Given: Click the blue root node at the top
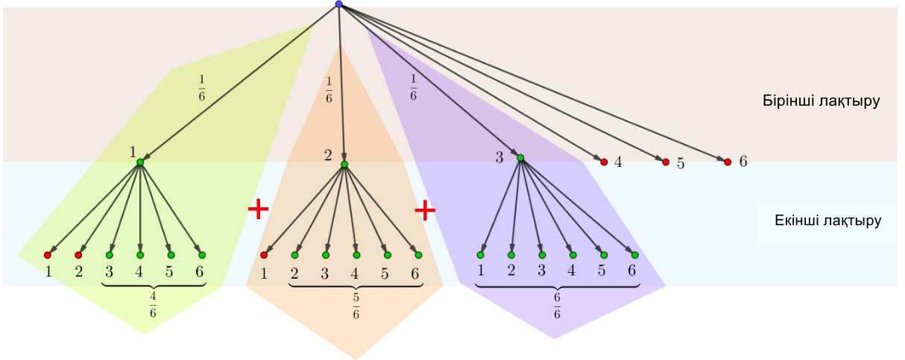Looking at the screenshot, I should [338, 4].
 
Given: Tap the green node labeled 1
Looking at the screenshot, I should [140, 162].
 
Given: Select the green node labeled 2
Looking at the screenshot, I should [344, 164].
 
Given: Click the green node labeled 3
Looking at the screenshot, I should [520, 157].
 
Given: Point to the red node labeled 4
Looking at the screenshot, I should [604, 161].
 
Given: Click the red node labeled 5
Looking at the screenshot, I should [666, 162].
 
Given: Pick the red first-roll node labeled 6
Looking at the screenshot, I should [728, 161].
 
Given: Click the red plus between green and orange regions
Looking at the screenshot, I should [258, 209].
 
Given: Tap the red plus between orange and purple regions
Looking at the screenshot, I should [425, 210].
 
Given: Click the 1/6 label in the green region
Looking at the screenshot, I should [201, 88].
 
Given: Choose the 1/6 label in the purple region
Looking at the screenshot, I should [413, 88].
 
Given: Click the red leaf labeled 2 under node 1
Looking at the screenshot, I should [78, 255].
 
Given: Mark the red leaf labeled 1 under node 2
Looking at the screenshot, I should [264, 255].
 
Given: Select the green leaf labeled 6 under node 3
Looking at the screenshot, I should [634, 255].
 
